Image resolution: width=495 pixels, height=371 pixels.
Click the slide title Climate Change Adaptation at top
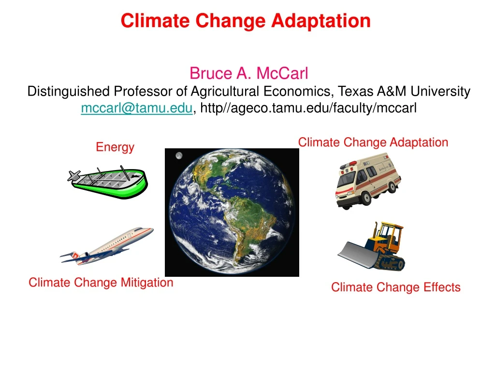(x=246, y=21)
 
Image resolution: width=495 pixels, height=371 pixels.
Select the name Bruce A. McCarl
(x=248, y=73)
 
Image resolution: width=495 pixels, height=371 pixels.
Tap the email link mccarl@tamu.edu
(x=137, y=109)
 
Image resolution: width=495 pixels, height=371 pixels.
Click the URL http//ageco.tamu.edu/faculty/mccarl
(x=308, y=109)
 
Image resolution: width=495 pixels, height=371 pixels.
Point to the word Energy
(x=115, y=147)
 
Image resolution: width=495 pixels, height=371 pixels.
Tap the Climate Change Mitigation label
(x=101, y=283)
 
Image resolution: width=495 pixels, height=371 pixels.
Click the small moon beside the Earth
(x=179, y=156)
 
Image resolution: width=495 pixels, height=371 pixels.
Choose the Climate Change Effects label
(x=395, y=287)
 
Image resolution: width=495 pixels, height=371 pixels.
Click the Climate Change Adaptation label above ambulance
(x=373, y=143)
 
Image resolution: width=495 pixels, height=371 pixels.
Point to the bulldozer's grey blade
(x=355, y=254)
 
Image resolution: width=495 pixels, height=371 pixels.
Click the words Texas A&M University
(x=404, y=91)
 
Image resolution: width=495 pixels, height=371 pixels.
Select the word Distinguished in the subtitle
(x=69, y=91)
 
